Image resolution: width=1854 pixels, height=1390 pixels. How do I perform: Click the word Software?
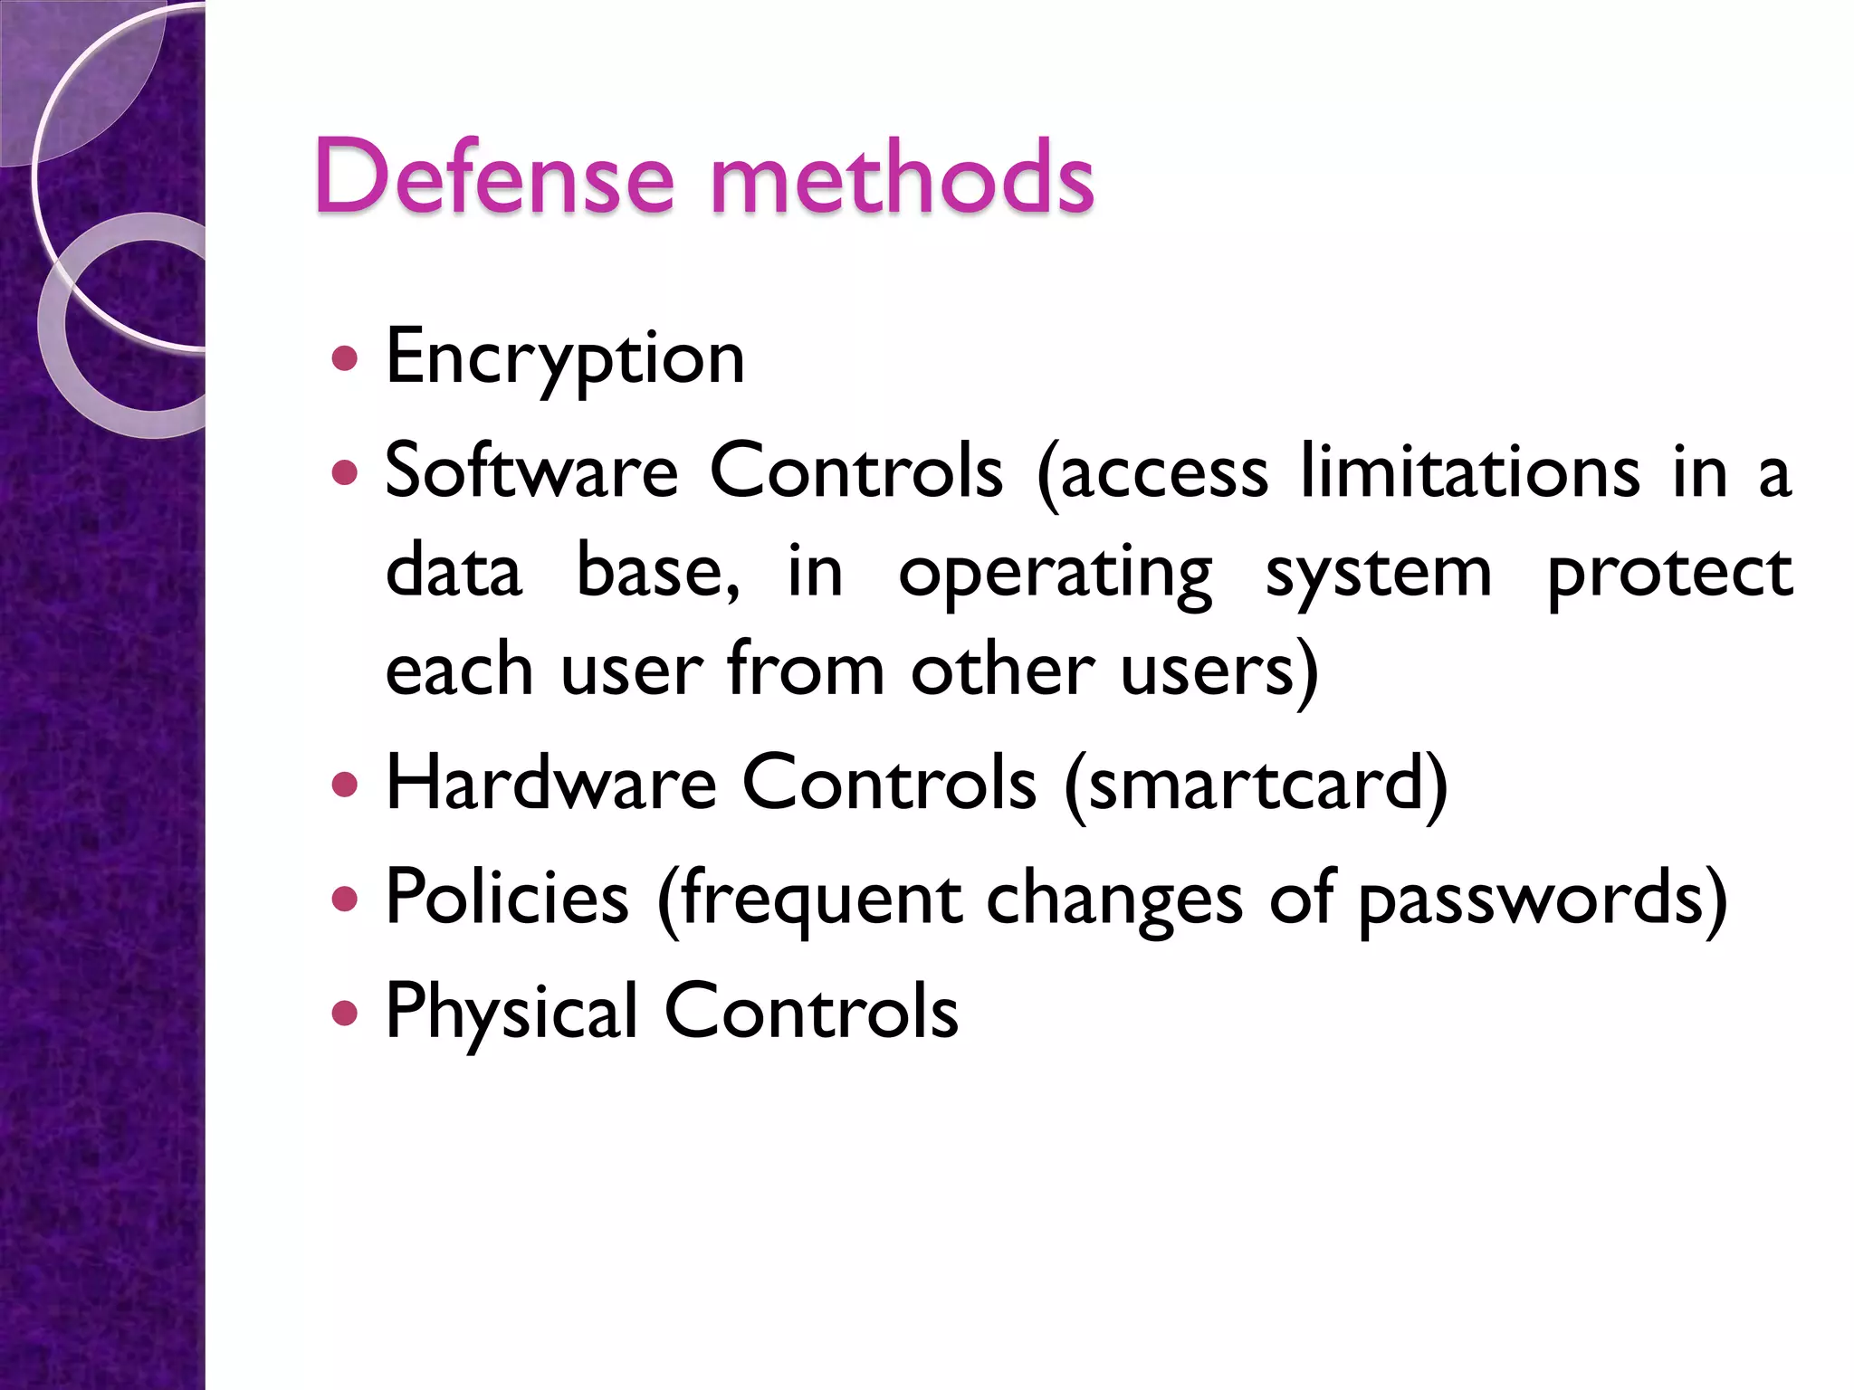(x=531, y=471)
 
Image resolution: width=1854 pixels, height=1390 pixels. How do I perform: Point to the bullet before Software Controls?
(x=345, y=471)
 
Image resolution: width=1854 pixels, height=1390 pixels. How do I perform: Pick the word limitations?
(x=1469, y=471)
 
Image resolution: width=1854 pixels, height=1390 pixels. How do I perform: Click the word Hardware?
(x=550, y=783)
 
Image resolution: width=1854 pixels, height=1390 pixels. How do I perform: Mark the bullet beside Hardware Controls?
(x=345, y=784)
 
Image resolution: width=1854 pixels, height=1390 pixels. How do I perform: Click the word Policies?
(x=507, y=898)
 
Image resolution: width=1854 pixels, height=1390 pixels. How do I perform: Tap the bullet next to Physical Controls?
(x=345, y=1012)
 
